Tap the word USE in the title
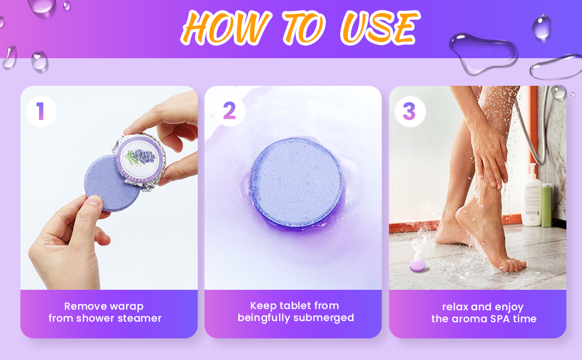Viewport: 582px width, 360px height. [378, 27]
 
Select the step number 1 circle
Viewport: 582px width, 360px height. [41, 112]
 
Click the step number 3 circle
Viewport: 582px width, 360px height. [409, 112]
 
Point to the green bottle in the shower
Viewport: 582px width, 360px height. [547, 205]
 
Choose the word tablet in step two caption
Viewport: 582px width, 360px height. [298, 305]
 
